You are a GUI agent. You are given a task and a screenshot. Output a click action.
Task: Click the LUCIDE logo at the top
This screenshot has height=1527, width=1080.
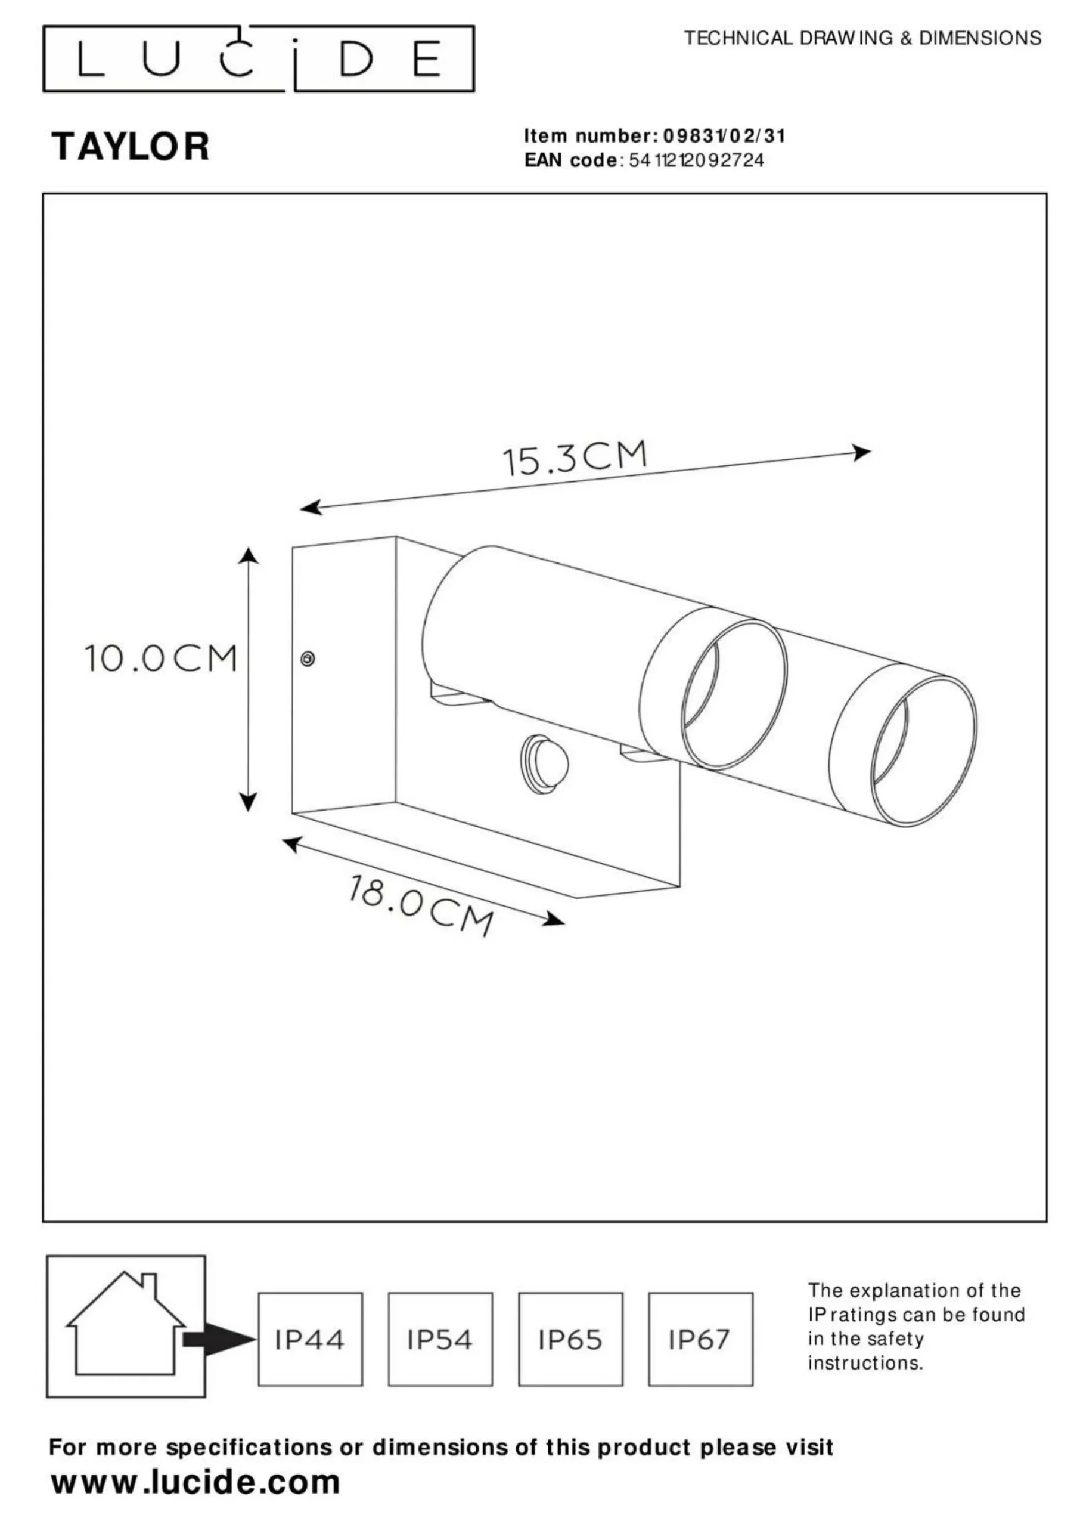[x=259, y=58]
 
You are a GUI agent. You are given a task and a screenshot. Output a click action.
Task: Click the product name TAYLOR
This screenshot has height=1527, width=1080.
[x=131, y=146]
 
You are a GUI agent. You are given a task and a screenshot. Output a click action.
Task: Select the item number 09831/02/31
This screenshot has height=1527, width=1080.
[x=725, y=137]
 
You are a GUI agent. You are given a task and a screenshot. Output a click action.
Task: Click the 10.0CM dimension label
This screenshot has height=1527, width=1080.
[x=161, y=659]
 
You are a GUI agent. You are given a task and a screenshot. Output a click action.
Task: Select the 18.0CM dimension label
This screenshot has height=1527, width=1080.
[x=421, y=905]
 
